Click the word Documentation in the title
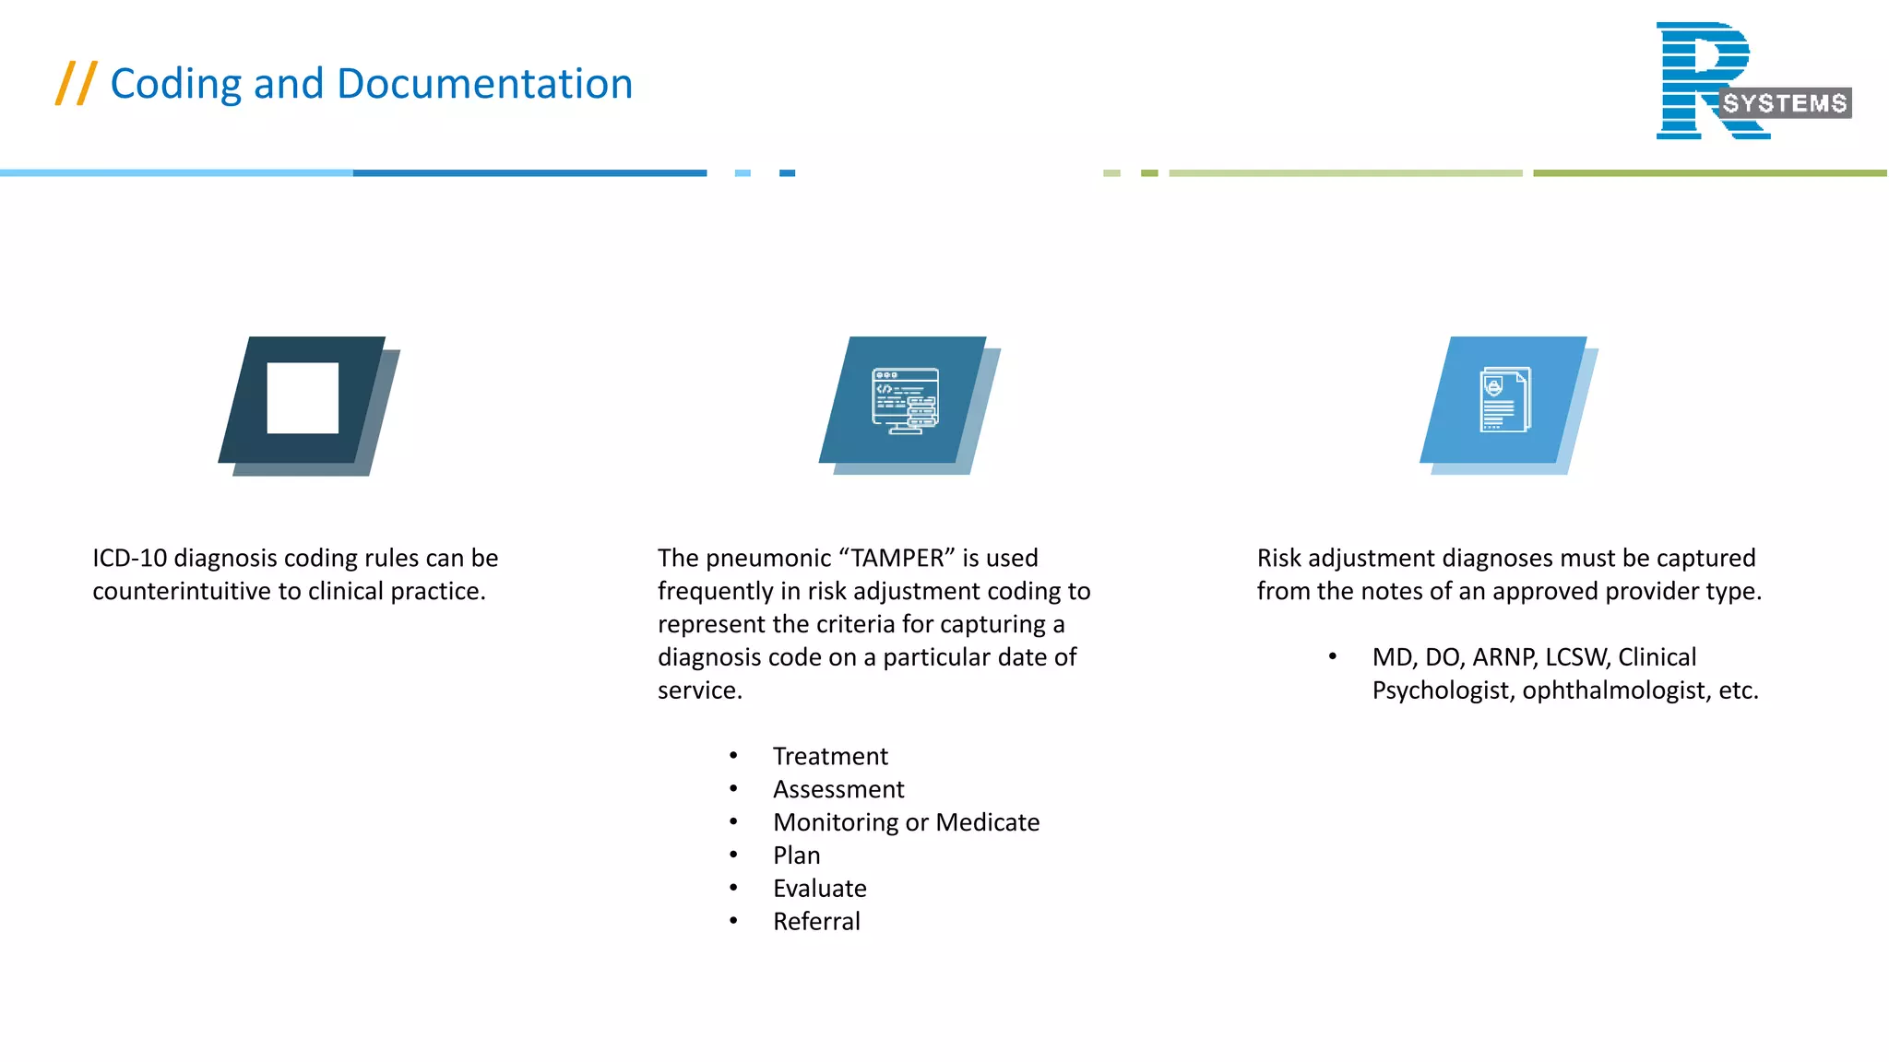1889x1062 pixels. (x=484, y=84)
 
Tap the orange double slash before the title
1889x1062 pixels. (x=76, y=83)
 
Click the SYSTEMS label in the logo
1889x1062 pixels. (x=1785, y=103)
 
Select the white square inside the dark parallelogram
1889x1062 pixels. (x=303, y=398)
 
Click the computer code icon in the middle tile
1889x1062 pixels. (x=905, y=401)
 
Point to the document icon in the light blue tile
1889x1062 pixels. (x=1505, y=399)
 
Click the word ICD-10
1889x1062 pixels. (x=129, y=558)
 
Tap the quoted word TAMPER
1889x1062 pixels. (x=897, y=558)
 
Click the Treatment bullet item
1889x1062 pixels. (x=830, y=756)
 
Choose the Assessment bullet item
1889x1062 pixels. (x=838, y=789)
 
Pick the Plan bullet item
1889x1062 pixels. (x=796, y=855)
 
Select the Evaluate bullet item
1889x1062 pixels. (x=819, y=889)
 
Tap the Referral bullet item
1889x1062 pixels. (x=816, y=922)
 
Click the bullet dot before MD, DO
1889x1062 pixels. (x=1333, y=656)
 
